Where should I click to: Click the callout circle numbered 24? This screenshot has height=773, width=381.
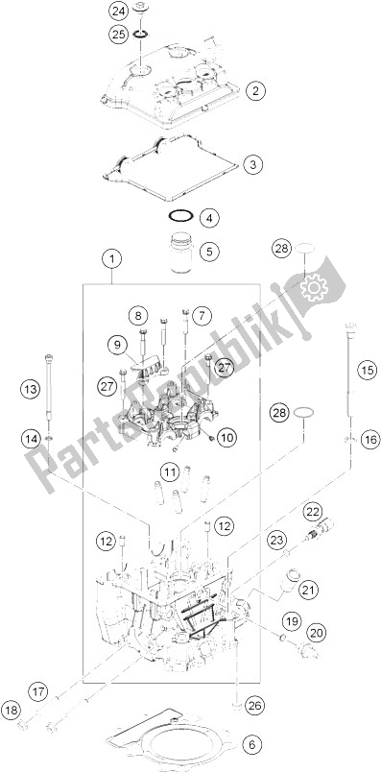pos(118,12)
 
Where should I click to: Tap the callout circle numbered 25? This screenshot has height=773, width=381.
pos(118,34)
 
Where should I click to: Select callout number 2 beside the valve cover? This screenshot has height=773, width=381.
pos(254,91)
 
